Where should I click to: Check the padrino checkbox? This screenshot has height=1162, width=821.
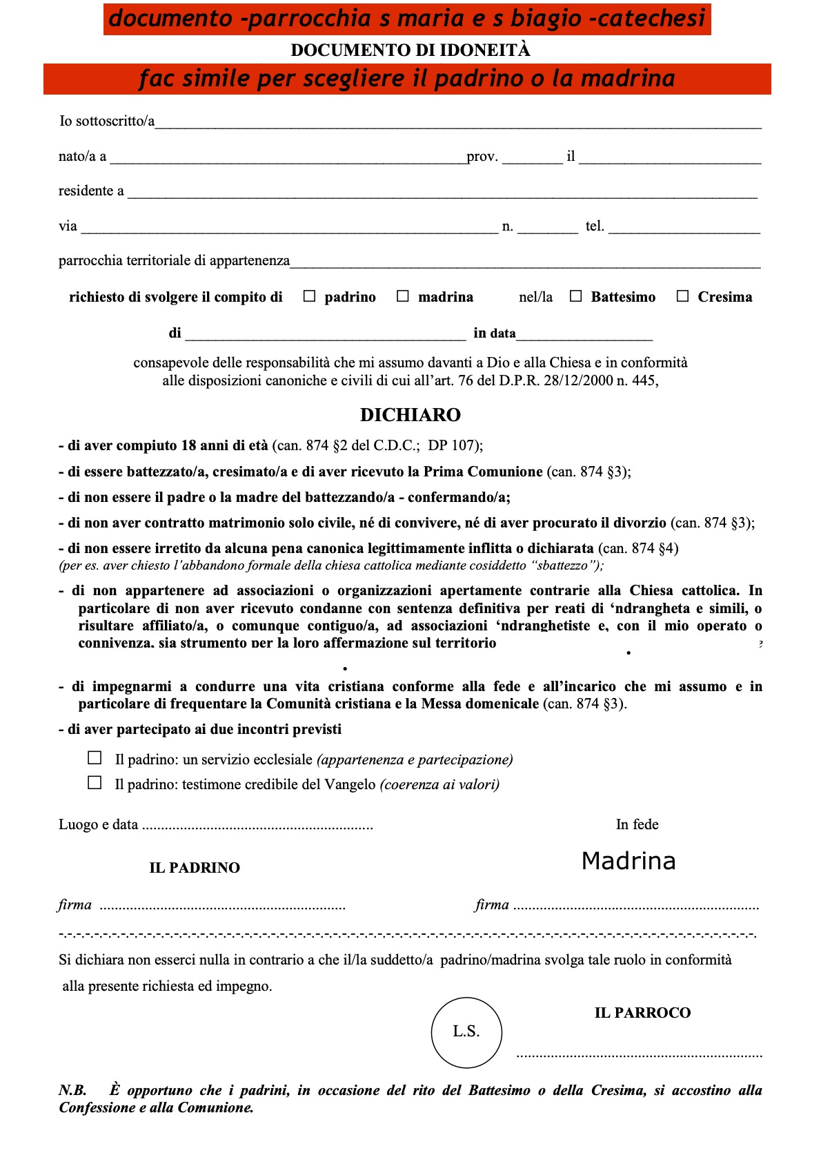[x=310, y=296]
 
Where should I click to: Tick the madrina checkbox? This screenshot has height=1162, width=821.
[x=403, y=296]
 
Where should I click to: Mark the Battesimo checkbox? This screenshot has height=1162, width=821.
[x=576, y=296]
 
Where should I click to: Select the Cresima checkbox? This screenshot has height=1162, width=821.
[x=683, y=296]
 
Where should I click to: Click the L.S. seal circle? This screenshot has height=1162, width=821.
[x=466, y=1032]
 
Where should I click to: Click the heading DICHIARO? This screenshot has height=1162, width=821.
[x=410, y=415]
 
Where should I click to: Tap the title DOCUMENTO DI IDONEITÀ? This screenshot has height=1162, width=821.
[x=410, y=50]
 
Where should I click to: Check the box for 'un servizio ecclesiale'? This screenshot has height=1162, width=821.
[x=95, y=758]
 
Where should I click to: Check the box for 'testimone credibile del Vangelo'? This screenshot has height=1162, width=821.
[x=95, y=783]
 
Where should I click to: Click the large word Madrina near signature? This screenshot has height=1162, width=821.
[x=629, y=861]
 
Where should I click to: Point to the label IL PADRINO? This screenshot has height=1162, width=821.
[x=195, y=868]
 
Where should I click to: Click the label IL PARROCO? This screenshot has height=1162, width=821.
[x=642, y=1013]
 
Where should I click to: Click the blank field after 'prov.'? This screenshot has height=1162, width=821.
[x=532, y=159]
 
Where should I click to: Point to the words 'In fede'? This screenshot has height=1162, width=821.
[x=637, y=824]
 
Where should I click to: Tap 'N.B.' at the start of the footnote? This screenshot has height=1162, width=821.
[x=72, y=1090]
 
